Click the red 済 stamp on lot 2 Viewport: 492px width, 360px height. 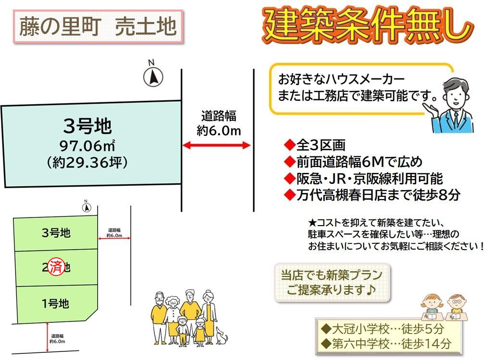point(57,267)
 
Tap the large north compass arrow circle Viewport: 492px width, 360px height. point(153,77)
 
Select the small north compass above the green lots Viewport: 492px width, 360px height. point(86,207)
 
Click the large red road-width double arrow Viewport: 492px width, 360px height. point(217,145)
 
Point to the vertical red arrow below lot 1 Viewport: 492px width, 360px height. point(48,337)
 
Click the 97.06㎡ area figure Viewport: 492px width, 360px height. point(87,146)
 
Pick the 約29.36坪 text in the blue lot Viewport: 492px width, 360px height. point(87,162)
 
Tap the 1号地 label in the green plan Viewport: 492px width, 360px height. point(55,303)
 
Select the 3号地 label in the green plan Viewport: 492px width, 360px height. point(56,233)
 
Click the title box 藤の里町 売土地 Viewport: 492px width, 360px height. point(98,27)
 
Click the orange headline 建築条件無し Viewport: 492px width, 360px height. point(367,25)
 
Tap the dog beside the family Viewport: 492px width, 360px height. point(221,336)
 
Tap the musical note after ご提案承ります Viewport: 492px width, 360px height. point(370,289)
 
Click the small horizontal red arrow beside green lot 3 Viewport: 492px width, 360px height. point(114,239)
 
